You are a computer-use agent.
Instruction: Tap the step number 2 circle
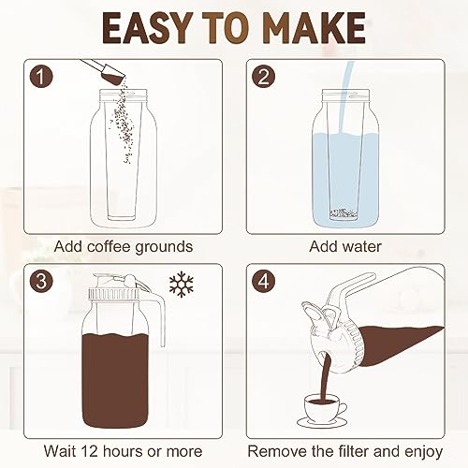pyautogui.click(x=265, y=77)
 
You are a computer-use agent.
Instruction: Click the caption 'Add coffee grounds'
pyautogui.click(x=124, y=247)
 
